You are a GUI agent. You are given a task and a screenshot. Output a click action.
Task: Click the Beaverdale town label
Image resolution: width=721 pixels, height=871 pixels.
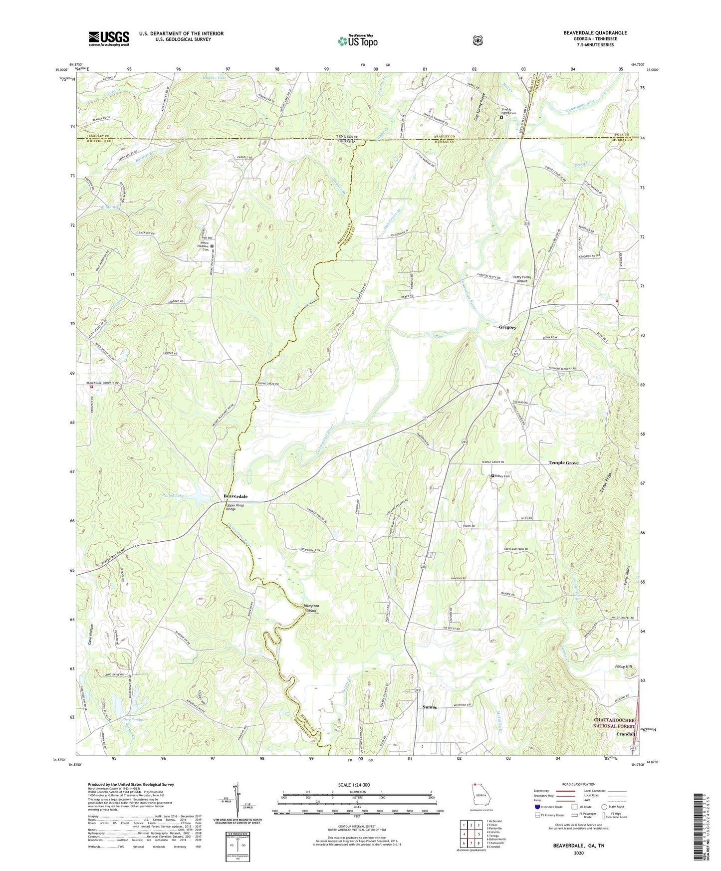(235, 496)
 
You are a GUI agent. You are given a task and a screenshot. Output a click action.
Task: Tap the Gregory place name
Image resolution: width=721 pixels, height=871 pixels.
(507, 327)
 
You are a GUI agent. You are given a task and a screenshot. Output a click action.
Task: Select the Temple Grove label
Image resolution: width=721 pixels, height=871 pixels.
(563, 463)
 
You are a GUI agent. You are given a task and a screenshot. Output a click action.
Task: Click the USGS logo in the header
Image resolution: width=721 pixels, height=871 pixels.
(109, 38)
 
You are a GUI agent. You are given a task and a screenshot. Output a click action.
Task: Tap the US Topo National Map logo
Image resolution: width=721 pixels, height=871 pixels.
(357, 41)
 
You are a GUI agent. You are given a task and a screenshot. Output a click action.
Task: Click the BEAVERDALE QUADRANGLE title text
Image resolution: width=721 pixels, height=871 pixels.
(595, 33)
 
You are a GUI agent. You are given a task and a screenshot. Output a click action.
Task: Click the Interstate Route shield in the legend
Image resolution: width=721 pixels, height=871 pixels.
(537, 807)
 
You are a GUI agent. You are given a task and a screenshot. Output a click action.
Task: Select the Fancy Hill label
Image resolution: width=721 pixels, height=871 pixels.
(623, 666)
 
